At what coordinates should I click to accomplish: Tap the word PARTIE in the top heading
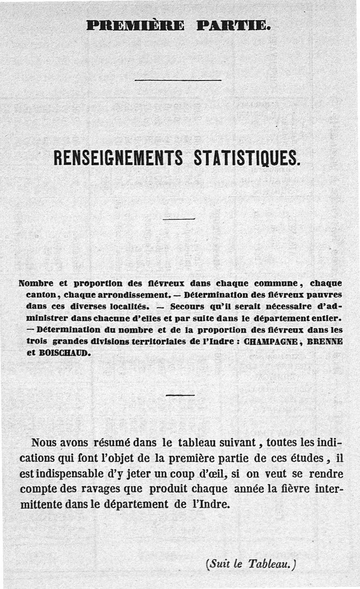click(x=234, y=25)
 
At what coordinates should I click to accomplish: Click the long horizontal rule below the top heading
click(x=178, y=80)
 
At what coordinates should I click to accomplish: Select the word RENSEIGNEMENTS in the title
click(x=118, y=159)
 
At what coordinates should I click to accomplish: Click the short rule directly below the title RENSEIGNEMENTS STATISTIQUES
click(x=179, y=219)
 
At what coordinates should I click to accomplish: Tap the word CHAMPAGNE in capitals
click(x=271, y=341)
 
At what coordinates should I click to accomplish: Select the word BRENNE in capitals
click(x=325, y=341)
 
